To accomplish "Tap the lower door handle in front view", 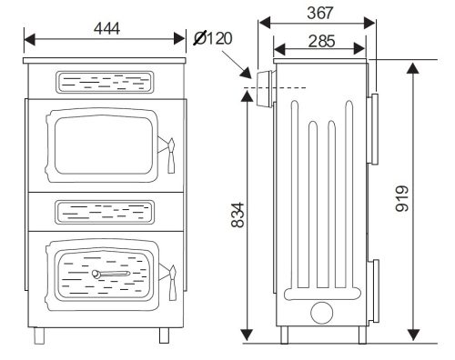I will tap(167, 276).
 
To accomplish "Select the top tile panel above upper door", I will tap(103, 82).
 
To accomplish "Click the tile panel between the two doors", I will tap(103, 211).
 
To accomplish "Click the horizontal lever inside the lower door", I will tap(113, 273).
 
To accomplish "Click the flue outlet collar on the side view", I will tap(265, 87).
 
